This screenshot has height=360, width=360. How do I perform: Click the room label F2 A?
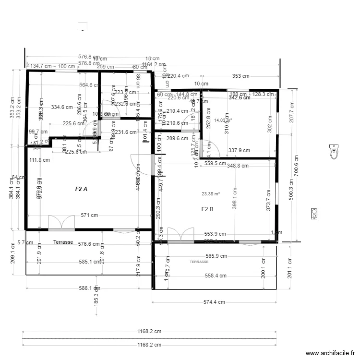pyautogui.click(x=81, y=189)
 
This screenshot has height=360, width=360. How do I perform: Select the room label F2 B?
pyautogui.click(x=207, y=209)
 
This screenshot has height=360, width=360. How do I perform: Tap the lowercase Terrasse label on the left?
pyautogui.click(x=63, y=242)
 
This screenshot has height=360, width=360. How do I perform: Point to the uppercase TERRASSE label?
pyautogui.click(x=199, y=262)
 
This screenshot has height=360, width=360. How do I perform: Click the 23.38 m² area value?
pyautogui.click(x=211, y=194)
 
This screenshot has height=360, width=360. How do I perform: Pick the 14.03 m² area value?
pyautogui.click(x=223, y=120)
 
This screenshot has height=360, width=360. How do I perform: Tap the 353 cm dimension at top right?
pyautogui.click(x=241, y=76)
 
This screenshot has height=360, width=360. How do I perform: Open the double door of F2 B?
pyautogui.click(x=181, y=235)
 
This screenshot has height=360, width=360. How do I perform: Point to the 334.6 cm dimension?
pyautogui.click(x=62, y=107)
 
